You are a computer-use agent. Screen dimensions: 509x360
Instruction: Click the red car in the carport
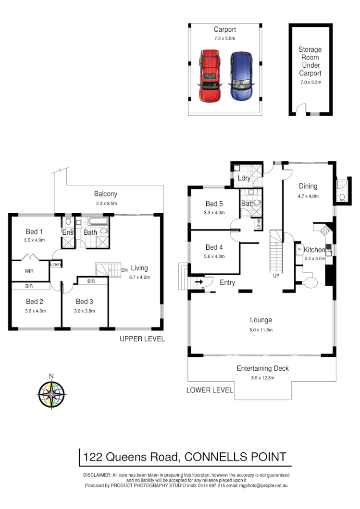click(x=210, y=75)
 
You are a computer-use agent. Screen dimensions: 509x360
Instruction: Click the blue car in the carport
click(x=241, y=76)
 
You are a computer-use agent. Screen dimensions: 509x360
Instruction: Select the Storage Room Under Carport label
click(x=310, y=61)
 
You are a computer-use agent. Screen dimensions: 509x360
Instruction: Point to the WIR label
click(x=29, y=271)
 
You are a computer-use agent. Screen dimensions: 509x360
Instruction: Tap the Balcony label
click(x=105, y=194)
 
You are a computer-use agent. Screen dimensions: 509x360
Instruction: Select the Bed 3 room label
click(x=85, y=302)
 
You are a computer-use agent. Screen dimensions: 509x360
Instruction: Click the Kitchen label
click(x=314, y=250)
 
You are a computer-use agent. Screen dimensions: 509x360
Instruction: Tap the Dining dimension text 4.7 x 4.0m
click(x=308, y=196)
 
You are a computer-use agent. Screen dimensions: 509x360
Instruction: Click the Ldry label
click(x=244, y=179)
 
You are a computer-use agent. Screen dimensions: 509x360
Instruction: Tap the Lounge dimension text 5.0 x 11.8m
click(x=261, y=330)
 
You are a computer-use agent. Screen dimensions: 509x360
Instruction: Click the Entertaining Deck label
click(x=262, y=368)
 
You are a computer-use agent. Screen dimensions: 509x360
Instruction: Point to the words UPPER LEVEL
click(x=142, y=339)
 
